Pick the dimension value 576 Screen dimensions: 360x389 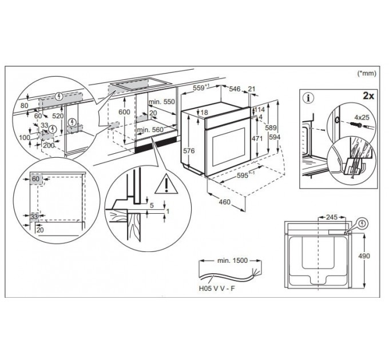[189, 151]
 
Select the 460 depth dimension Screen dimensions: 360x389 [225, 202]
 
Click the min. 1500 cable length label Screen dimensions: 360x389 [232, 260]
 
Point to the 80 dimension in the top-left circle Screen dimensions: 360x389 [24, 105]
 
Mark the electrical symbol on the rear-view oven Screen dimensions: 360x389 [363, 224]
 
